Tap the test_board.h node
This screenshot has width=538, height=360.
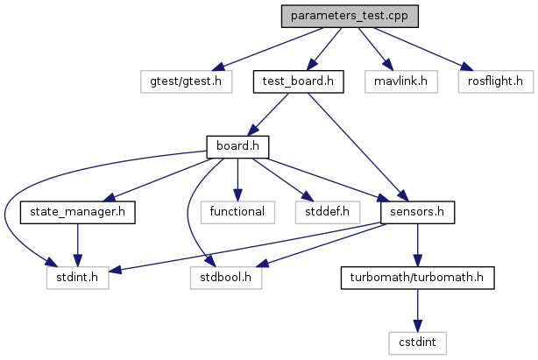297,81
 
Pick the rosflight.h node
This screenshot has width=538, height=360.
495,81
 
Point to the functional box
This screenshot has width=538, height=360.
236,211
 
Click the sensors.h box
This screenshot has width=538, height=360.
416,211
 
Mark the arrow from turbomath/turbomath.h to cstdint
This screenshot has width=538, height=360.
416,309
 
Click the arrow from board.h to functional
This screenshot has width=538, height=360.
236,179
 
